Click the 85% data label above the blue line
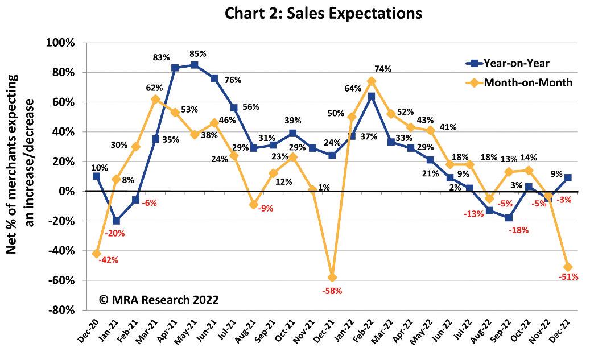pos(198,54)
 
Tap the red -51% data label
pos(568,277)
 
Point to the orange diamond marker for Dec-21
pos(332,278)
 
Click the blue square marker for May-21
pos(194,65)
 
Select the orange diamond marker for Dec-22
pos(567,267)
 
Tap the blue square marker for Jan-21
pos(117,221)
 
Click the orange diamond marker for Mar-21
pos(155,99)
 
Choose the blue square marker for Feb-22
pos(371,96)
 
